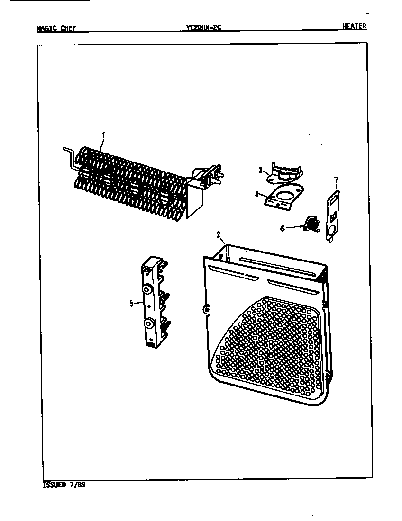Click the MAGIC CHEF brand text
[56, 28]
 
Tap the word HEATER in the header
[355, 27]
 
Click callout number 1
[103, 135]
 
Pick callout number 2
[219, 234]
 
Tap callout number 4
[256, 193]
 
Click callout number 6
[283, 228]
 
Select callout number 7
[336, 180]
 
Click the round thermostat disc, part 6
[311, 223]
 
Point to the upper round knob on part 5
[147, 289]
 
